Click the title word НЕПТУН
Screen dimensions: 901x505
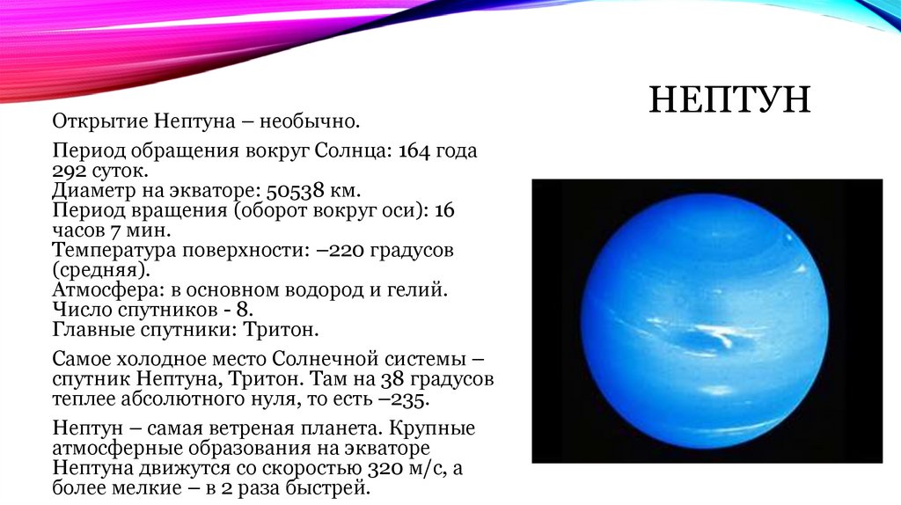click(x=729, y=99)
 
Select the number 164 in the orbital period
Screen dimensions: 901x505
click(x=414, y=151)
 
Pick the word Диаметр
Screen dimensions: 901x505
click(x=92, y=191)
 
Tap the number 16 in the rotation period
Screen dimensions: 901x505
click(x=444, y=211)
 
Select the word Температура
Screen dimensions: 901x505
click(x=114, y=251)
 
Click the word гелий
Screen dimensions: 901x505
click(x=413, y=290)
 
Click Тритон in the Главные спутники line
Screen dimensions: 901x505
click(x=281, y=330)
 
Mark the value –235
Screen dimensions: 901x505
click(x=404, y=399)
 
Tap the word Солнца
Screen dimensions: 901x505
click(x=352, y=151)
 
